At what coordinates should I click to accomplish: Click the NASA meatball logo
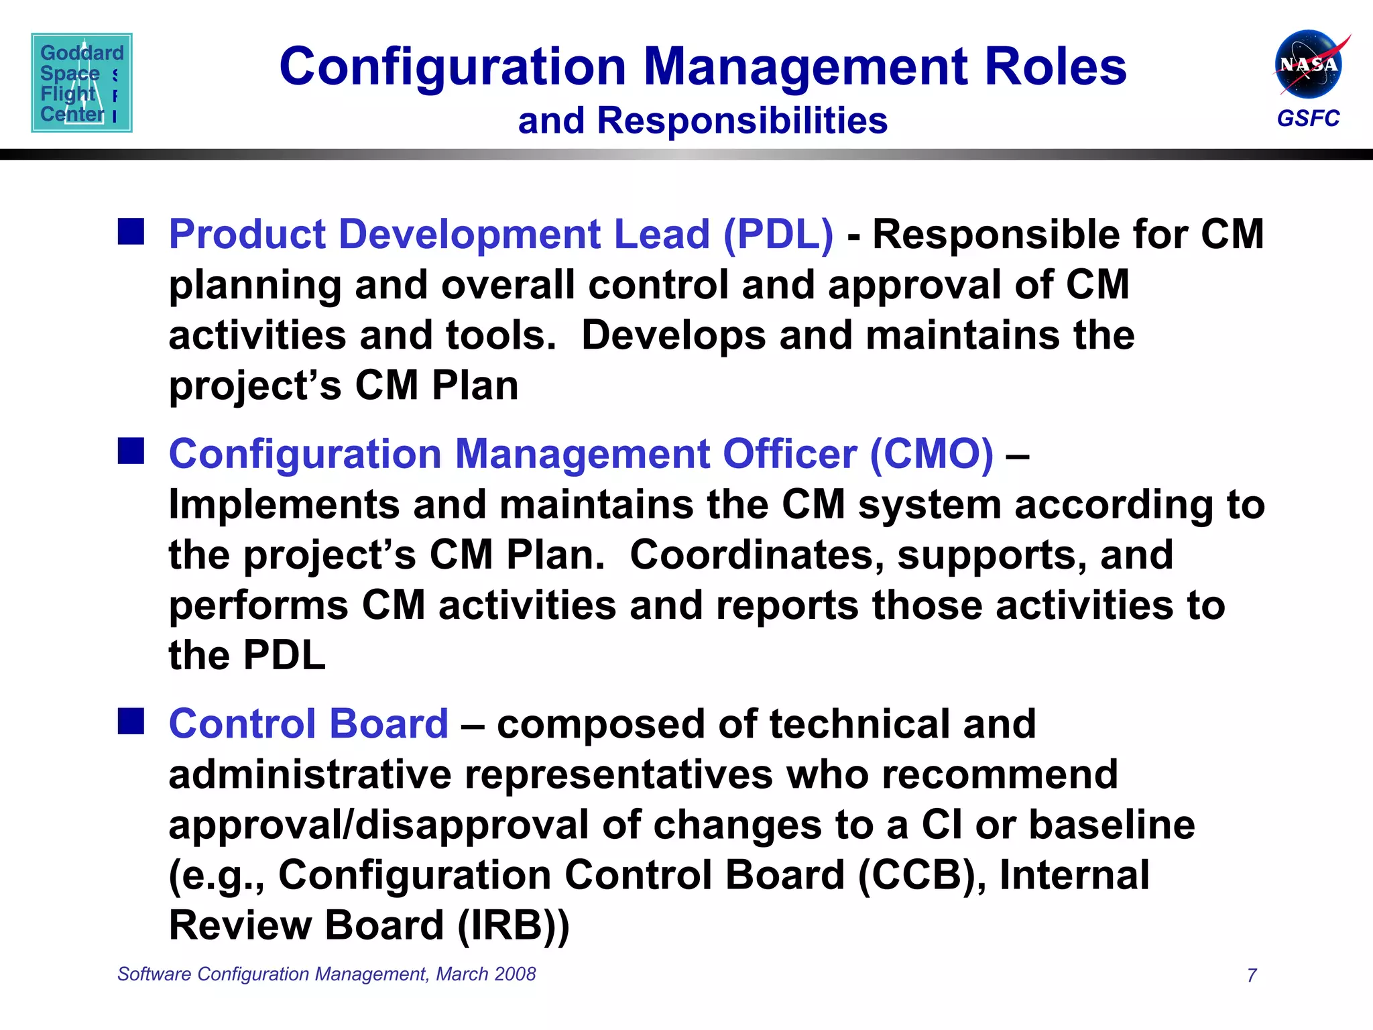(x=1308, y=64)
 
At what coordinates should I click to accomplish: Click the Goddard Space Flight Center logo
(x=82, y=82)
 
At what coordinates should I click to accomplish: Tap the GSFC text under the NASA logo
(x=1308, y=119)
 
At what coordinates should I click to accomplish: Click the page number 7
(x=1252, y=975)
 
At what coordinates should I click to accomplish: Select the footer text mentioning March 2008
(x=326, y=974)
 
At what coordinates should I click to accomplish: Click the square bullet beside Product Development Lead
(x=131, y=231)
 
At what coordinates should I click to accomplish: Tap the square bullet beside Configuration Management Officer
(x=131, y=451)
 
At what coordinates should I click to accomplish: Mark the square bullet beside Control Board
(x=131, y=722)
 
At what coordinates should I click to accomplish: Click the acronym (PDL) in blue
(x=778, y=235)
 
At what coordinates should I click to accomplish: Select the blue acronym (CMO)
(x=931, y=455)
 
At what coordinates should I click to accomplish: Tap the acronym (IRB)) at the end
(x=513, y=926)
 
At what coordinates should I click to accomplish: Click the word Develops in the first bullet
(x=673, y=335)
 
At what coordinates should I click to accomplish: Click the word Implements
(x=284, y=505)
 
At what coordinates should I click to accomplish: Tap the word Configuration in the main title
(x=453, y=67)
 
